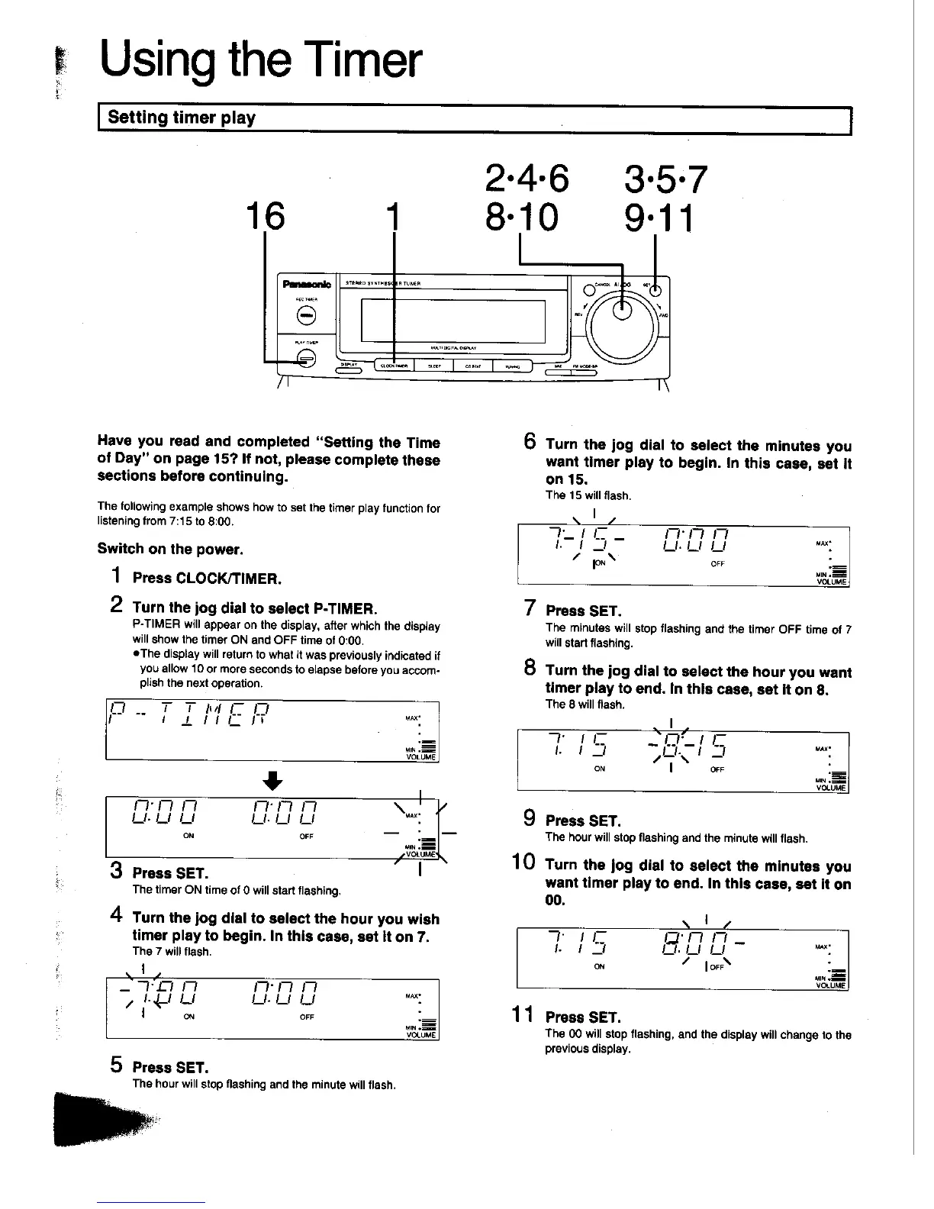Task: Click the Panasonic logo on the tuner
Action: point(307,284)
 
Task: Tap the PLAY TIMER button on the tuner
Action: point(306,359)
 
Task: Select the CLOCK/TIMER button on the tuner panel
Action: point(394,366)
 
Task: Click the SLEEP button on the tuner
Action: point(433,366)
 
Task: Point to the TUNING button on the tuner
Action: point(512,366)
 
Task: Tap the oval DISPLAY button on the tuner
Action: point(349,371)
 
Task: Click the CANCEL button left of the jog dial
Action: point(587,289)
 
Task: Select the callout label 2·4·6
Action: point(527,179)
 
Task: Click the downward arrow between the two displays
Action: point(272,781)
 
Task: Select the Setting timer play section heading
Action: point(182,118)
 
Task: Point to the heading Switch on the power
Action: point(170,548)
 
